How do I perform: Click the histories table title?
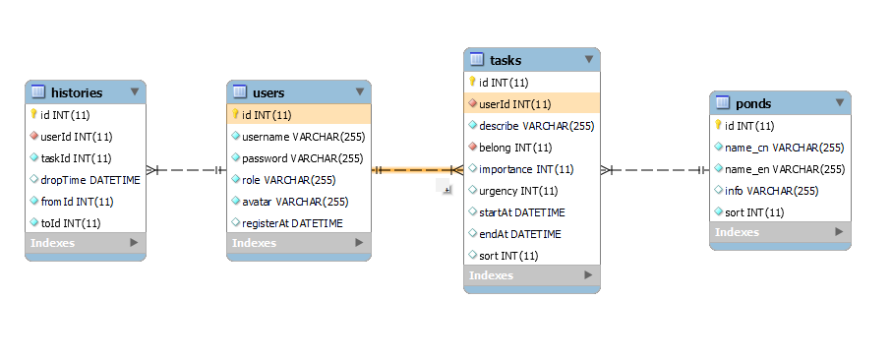click(77, 92)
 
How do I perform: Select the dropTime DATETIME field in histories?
click(89, 180)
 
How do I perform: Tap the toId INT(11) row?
click(71, 223)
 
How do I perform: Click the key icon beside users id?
click(235, 115)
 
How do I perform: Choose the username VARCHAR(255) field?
click(303, 137)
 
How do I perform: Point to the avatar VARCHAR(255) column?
click(295, 202)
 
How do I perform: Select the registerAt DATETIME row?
click(292, 223)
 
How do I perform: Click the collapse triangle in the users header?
click(360, 91)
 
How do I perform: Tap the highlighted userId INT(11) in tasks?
click(514, 104)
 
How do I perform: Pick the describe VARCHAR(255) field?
click(536, 126)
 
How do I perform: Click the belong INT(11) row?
click(515, 148)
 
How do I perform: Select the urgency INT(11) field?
click(519, 191)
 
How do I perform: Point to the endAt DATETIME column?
click(520, 234)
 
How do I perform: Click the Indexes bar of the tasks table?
click(532, 275)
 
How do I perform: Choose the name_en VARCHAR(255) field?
click(785, 169)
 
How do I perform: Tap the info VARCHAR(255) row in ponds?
click(771, 191)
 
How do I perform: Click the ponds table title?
click(753, 103)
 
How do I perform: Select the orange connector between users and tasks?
click(418, 169)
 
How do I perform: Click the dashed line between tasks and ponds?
click(655, 169)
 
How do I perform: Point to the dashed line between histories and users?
click(186, 169)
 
